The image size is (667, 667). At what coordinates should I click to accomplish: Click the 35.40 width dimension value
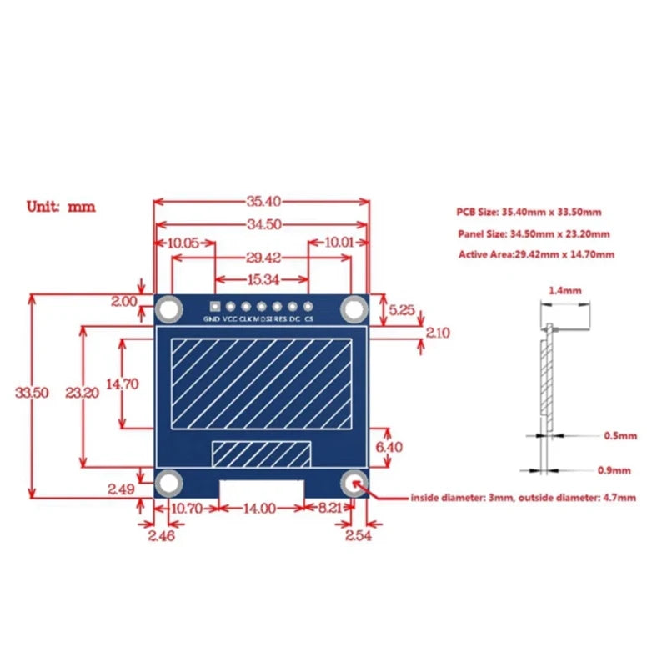(x=263, y=201)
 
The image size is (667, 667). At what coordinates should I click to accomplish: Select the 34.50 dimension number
(x=264, y=224)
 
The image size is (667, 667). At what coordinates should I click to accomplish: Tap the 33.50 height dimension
(x=32, y=392)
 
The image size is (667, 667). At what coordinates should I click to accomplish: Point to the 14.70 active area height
(x=122, y=384)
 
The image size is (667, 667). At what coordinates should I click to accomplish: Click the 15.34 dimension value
(x=263, y=279)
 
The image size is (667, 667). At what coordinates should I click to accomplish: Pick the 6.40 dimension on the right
(x=389, y=447)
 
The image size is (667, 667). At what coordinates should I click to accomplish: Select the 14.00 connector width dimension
(x=259, y=509)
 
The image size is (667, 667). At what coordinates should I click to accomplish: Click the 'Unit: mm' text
(x=61, y=207)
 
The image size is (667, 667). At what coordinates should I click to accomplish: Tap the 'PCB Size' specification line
(x=529, y=212)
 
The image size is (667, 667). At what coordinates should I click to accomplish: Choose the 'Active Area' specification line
(x=536, y=254)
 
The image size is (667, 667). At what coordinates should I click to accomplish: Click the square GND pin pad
(x=215, y=306)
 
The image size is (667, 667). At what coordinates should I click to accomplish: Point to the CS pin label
(x=309, y=319)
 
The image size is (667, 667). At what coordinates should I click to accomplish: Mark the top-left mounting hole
(x=169, y=309)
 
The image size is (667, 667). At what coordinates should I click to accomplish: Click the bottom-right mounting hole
(x=354, y=484)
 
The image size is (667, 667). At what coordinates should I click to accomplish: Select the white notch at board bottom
(x=262, y=489)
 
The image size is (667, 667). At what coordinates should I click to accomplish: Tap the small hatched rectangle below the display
(x=261, y=454)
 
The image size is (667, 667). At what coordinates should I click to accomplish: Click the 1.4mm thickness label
(x=565, y=291)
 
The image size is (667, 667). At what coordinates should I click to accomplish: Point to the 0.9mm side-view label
(x=614, y=470)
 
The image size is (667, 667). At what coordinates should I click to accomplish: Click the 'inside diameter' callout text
(x=524, y=498)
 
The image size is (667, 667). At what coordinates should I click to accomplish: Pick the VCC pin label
(x=230, y=319)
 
